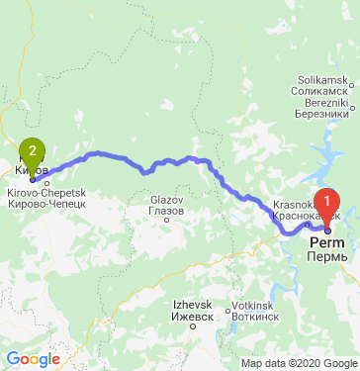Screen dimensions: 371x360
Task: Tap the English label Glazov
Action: pyautogui.click(x=165, y=200)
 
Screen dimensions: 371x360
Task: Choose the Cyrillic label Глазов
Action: pyautogui.click(x=165, y=211)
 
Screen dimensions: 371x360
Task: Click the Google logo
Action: pyautogui.click(x=33, y=358)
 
